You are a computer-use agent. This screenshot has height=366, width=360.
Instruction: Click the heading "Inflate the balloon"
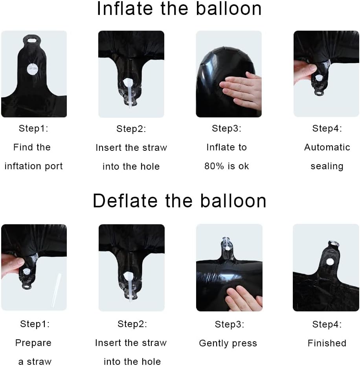179,9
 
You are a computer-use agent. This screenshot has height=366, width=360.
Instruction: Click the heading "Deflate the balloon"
180,201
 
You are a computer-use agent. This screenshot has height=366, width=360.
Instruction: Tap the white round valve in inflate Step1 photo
32,69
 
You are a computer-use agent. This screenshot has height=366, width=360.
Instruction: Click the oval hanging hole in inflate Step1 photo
32,40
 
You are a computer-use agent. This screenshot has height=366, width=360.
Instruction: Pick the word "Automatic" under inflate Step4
327,147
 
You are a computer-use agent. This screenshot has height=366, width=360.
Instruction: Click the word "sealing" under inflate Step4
327,166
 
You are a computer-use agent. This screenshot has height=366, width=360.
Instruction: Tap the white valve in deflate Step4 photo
330,262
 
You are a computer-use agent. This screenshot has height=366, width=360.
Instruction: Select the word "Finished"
327,343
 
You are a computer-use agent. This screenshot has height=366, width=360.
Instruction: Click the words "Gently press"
228,343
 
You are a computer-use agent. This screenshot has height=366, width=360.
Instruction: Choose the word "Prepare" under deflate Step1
33,343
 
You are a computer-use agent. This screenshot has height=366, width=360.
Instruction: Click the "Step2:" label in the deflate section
132,324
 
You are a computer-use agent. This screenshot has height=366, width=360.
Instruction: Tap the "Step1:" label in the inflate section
33,128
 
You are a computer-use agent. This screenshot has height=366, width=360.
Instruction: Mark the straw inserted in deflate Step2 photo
130,287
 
